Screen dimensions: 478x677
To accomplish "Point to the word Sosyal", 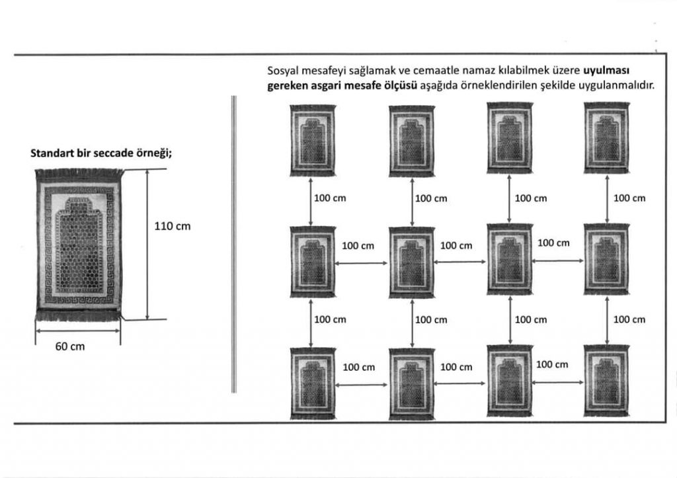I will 283,70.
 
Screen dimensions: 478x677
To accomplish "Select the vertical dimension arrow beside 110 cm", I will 147,245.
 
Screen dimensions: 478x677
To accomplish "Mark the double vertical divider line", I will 233,245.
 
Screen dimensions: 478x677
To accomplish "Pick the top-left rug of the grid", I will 313,140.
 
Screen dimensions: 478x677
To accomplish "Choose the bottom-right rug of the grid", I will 607,381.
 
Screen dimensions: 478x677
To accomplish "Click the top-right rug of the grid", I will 607,138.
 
